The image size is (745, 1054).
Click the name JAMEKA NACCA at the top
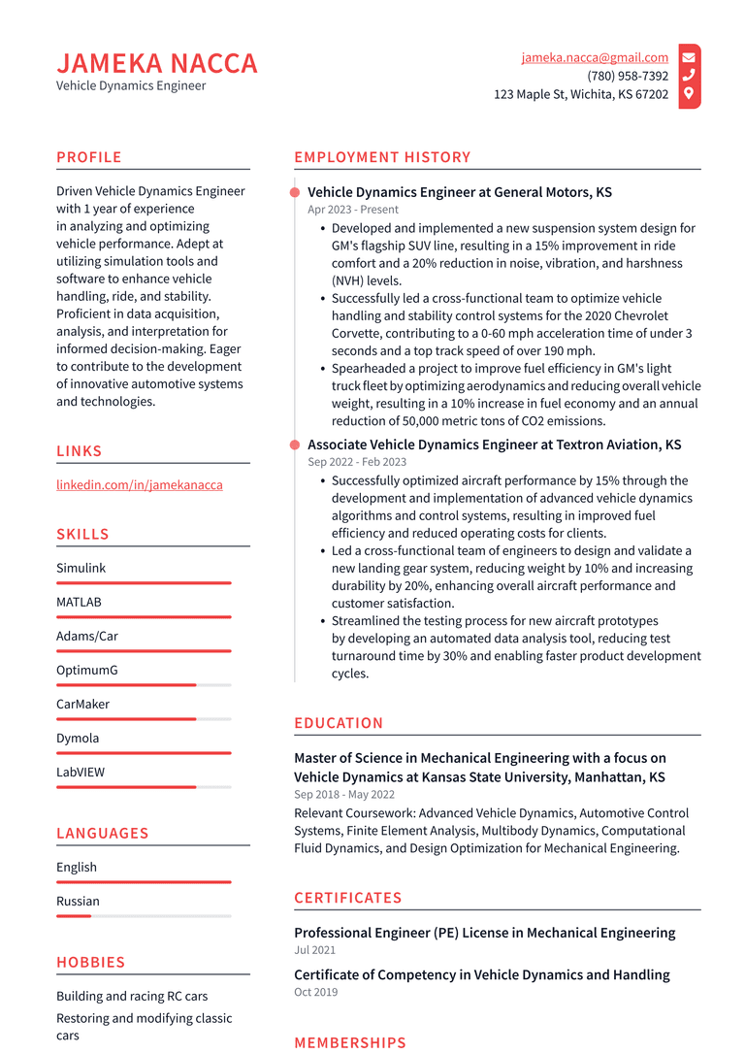pyautogui.click(x=157, y=63)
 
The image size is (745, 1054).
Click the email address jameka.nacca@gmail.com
pyautogui.click(x=594, y=57)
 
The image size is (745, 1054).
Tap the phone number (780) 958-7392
pyautogui.click(x=627, y=76)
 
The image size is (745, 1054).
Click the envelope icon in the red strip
pyautogui.click(x=689, y=57)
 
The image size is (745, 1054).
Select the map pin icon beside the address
pyautogui.click(x=689, y=94)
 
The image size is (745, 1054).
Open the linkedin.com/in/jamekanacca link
pyautogui.click(x=139, y=484)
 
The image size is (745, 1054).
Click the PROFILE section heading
pyautogui.click(x=89, y=157)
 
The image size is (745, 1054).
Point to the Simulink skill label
pyautogui.click(x=81, y=568)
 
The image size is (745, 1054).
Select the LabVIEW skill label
pyautogui.click(x=81, y=772)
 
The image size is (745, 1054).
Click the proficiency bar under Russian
pyautogui.click(x=143, y=915)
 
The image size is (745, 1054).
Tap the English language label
pyautogui.click(x=77, y=867)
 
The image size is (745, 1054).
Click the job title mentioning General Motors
pyautogui.click(x=459, y=192)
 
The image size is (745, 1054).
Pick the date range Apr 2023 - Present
pyautogui.click(x=353, y=210)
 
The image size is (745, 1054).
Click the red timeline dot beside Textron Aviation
pyautogui.click(x=295, y=445)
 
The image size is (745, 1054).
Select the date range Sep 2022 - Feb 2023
pyautogui.click(x=357, y=462)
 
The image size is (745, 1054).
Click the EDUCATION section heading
pyautogui.click(x=339, y=723)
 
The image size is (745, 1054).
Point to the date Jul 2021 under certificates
pyautogui.click(x=314, y=950)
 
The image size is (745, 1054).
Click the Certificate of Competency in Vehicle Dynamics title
pyautogui.click(x=481, y=974)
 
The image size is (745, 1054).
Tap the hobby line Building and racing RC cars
pyautogui.click(x=132, y=996)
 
